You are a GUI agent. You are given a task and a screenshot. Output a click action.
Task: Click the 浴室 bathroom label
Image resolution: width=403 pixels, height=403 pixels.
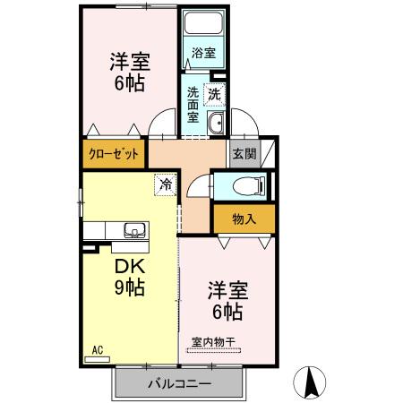point(203,54)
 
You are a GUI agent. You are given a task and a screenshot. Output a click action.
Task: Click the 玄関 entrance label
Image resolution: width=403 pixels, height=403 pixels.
point(244,153)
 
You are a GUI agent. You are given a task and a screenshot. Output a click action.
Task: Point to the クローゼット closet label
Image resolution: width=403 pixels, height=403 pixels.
point(114,153)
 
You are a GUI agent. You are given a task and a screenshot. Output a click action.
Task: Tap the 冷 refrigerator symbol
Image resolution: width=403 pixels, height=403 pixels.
point(166,184)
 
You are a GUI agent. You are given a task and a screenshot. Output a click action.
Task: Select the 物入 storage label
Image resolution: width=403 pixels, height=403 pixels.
point(244,218)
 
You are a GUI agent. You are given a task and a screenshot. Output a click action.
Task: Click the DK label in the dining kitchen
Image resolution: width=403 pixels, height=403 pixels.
point(130,266)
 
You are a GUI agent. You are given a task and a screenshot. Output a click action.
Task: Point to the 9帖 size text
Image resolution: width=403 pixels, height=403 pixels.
point(130,288)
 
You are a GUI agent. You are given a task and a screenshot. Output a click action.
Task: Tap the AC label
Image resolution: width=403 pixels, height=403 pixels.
point(98,351)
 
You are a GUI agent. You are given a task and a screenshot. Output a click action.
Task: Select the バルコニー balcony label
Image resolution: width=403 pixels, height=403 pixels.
point(179,384)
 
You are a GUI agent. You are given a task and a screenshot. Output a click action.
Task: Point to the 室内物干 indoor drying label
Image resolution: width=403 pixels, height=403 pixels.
point(214,340)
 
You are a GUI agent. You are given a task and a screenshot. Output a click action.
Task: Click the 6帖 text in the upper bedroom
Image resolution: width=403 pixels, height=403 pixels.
point(130,85)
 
